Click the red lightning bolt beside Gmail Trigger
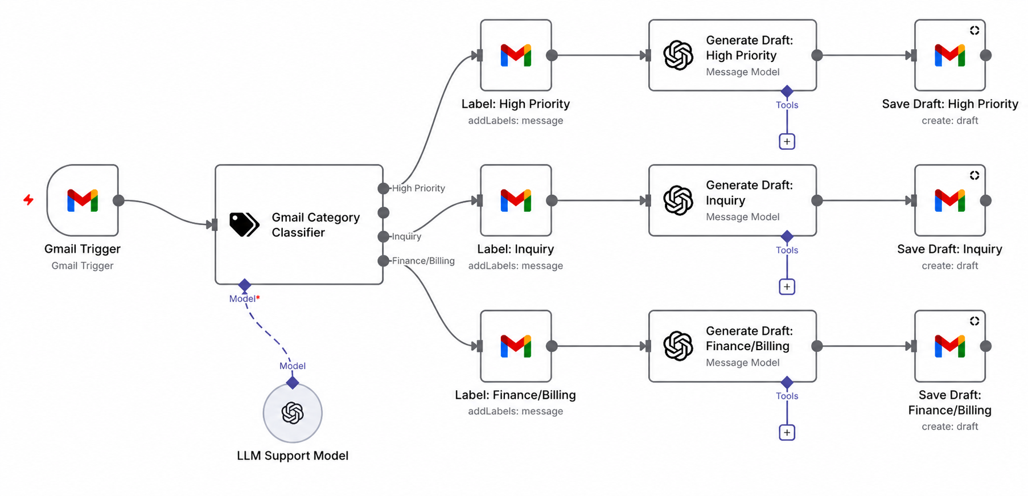pos(28,200)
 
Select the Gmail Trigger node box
pos(83,200)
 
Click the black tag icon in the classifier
pos(244,224)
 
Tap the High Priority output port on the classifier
pos(384,188)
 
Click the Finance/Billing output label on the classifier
pos(423,261)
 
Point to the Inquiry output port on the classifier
pos(384,236)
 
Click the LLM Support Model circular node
pos(293,413)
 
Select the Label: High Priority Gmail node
pos(516,55)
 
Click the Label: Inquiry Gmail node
pos(516,200)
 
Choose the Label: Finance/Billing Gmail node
pos(516,346)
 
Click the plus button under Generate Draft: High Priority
pos(787,141)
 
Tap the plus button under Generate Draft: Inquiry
pos(787,286)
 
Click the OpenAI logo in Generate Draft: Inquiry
pos(678,200)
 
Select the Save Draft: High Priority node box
pos(950,55)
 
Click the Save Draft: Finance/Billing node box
pos(950,346)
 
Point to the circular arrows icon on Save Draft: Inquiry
pos(974,175)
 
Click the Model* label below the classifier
pos(245,298)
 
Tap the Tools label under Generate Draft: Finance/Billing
pos(787,396)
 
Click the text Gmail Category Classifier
pos(316,225)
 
